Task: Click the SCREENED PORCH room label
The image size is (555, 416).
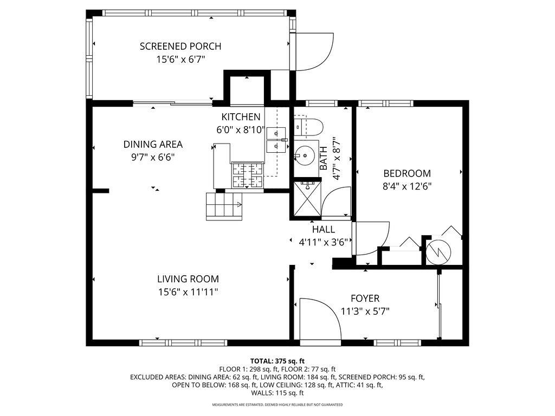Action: click(x=180, y=46)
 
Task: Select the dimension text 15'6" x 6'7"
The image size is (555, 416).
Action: click(x=180, y=58)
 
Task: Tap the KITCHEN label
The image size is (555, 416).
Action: click(x=241, y=117)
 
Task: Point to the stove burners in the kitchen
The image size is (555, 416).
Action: click(x=247, y=175)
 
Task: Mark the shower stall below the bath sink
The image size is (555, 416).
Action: click(x=307, y=198)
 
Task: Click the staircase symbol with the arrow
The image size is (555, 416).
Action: click(x=224, y=206)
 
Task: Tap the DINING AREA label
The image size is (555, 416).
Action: click(x=153, y=144)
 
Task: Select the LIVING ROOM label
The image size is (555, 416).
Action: click(x=188, y=279)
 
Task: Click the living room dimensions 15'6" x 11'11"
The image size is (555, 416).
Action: click(x=188, y=292)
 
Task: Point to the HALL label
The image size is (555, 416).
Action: click(x=323, y=230)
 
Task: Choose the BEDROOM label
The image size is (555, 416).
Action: click(x=407, y=173)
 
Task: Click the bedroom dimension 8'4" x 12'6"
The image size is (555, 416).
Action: click(x=407, y=186)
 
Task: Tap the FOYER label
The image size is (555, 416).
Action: click(x=365, y=298)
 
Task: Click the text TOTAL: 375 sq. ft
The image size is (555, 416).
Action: click(x=277, y=361)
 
